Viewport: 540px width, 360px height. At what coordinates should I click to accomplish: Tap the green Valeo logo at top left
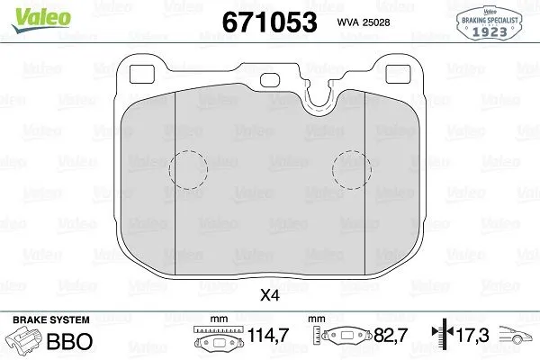tap(30, 12)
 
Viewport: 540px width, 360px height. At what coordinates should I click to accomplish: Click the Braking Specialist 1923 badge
tap(490, 21)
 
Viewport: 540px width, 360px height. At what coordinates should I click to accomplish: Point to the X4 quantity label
tap(269, 294)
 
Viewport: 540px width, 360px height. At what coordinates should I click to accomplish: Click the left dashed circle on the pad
tap(189, 167)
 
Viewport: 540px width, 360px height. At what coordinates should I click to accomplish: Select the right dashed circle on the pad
tap(351, 167)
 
